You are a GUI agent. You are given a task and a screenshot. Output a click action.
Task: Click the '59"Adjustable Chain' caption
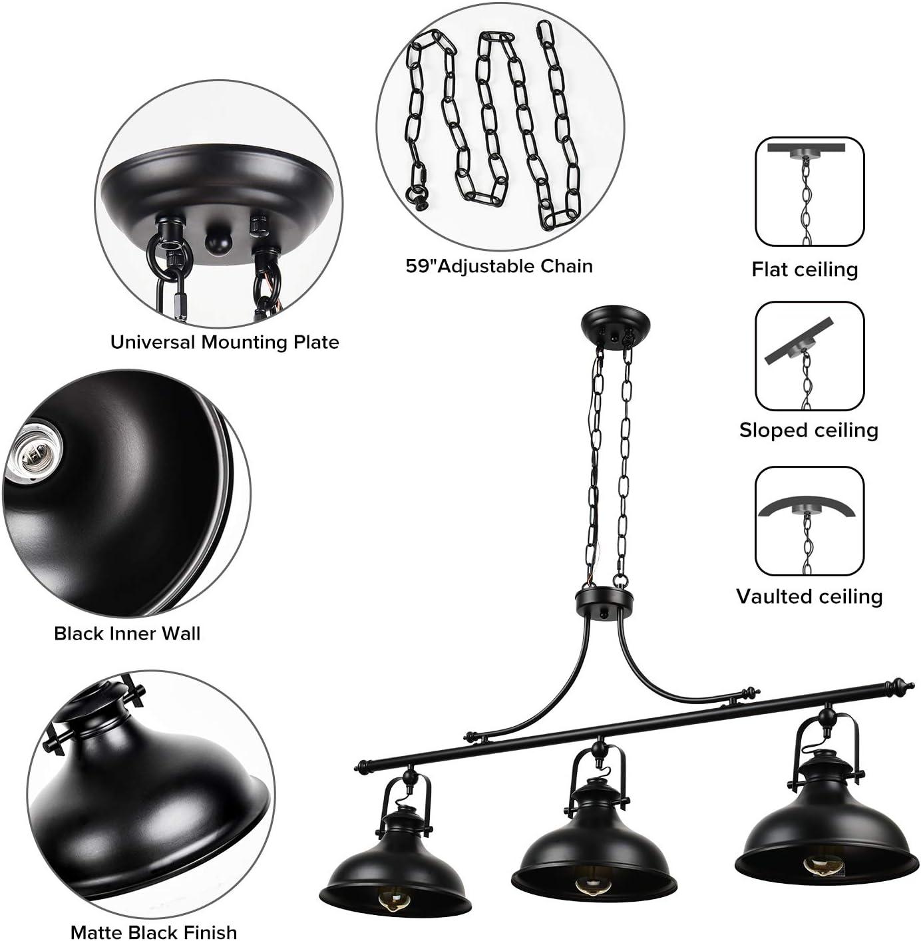click(x=499, y=266)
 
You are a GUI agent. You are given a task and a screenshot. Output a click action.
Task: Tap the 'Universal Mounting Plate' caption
click(x=224, y=342)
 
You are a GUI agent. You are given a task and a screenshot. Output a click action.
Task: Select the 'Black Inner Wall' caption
click(x=127, y=633)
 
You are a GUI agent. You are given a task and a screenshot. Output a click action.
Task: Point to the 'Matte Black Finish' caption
click(x=154, y=932)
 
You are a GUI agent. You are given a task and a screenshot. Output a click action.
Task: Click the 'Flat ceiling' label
click(x=805, y=269)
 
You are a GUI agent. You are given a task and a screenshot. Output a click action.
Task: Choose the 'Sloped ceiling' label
click(x=809, y=430)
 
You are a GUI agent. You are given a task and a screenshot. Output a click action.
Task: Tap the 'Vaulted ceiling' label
click(x=809, y=596)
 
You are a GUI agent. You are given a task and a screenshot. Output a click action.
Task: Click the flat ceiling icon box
click(x=809, y=192)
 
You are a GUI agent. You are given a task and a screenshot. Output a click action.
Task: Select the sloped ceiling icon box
click(x=809, y=356)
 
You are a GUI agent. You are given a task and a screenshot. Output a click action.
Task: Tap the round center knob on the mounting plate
click(x=216, y=241)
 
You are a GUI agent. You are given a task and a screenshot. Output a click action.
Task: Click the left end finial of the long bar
click(x=361, y=765)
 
